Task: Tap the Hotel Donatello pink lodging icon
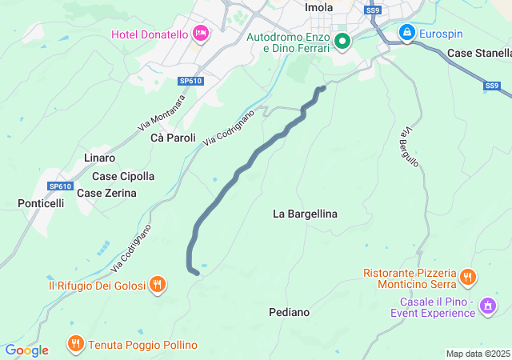tap(200, 34)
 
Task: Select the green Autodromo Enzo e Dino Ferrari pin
tap(342, 40)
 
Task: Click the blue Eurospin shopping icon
tap(406, 33)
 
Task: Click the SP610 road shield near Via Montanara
tap(190, 81)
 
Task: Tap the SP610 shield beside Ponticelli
tap(60, 186)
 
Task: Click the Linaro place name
tap(99, 158)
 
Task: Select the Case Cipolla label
tap(123, 176)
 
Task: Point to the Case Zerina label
tap(106, 193)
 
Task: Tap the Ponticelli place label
tap(41, 203)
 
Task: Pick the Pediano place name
tap(289, 312)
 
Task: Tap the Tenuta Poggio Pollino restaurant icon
tap(75, 344)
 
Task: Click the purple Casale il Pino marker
tap(487, 306)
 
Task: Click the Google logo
tap(26, 350)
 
